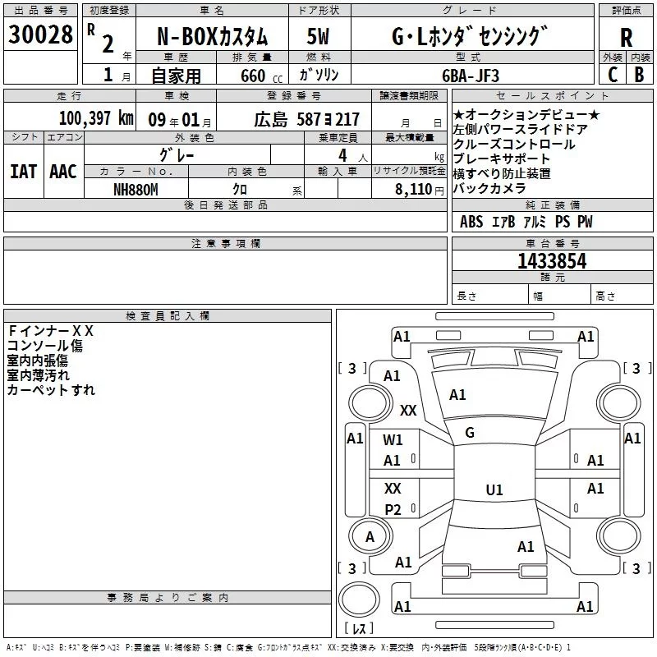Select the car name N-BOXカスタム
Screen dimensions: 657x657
(212, 36)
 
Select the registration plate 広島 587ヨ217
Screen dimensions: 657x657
(306, 119)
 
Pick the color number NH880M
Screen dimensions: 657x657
(136, 190)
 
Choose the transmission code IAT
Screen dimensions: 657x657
(24, 172)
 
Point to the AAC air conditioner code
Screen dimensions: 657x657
(63, 172)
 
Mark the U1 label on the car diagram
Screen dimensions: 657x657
(494, 490)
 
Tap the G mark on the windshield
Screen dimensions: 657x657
(470, 433)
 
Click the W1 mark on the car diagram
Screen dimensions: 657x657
(393, 440)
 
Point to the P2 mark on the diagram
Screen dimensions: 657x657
(393, 510)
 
